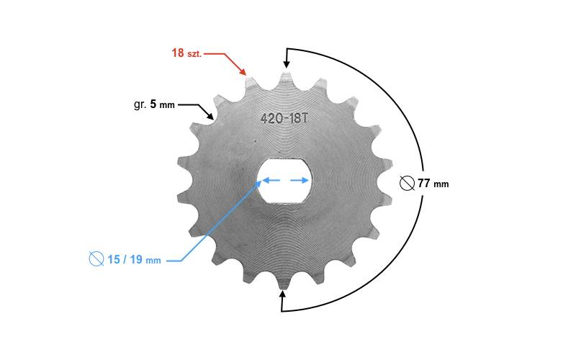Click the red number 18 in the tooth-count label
point(178,53)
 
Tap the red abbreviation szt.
point(194,54)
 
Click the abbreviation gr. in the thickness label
point(140,104)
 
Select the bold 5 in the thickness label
point(153,104)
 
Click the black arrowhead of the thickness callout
point(210,116)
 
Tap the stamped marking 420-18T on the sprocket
point(284,118)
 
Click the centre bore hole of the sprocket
point(284,181)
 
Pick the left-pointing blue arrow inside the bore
point(271,181)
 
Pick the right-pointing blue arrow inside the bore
point(300,181)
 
